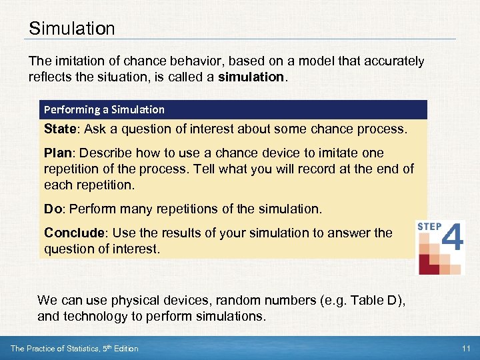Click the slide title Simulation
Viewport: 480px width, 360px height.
click(72, 29)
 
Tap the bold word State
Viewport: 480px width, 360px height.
click(60, 128)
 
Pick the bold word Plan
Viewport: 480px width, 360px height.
click(58, 153)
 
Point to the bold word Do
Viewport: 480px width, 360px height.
click(53, 209)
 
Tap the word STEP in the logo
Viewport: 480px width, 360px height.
click(429, 227)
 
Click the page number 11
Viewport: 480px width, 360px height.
click(465, 348)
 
